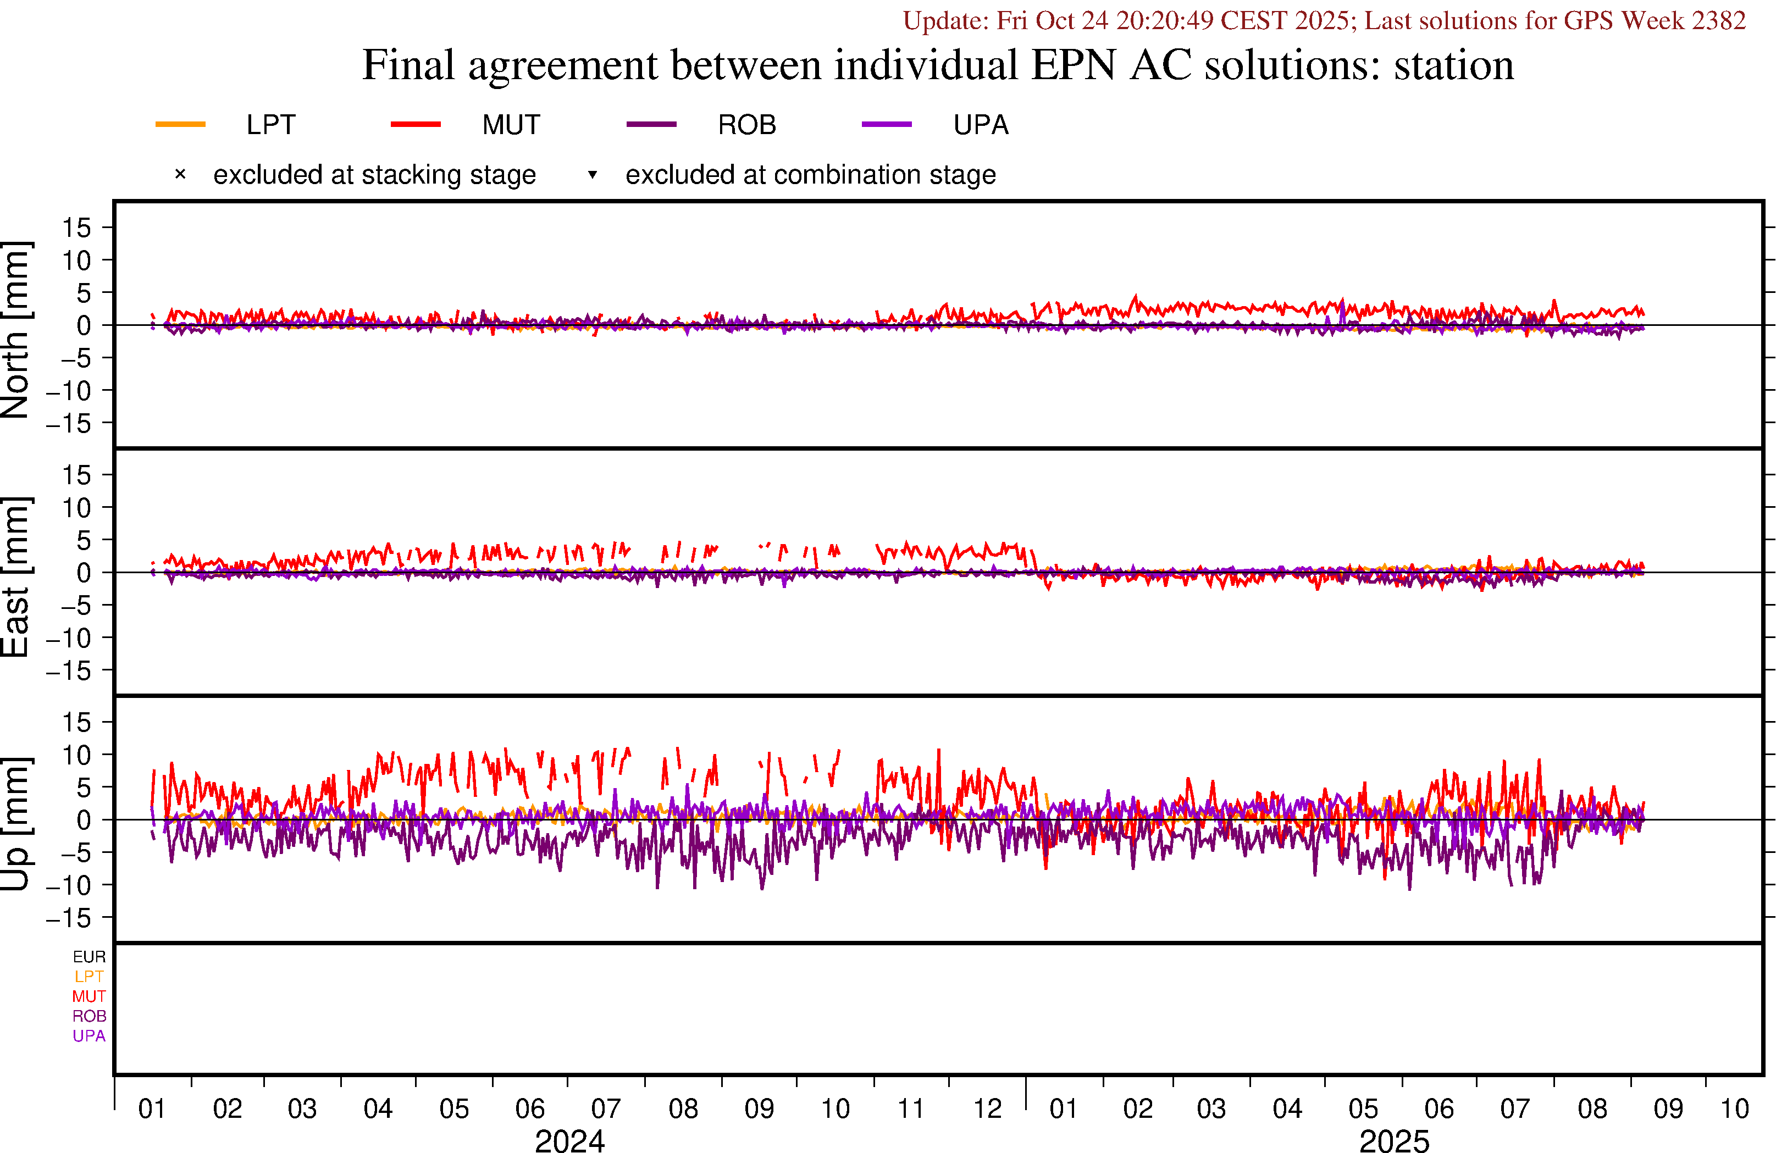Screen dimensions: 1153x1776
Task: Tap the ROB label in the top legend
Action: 746,125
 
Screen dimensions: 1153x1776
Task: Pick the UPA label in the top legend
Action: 981,125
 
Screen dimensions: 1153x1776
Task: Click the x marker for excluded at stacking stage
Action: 180,175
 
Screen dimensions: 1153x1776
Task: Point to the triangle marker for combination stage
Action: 593,175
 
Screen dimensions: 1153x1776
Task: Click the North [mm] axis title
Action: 15,329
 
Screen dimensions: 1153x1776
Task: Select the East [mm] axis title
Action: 15,577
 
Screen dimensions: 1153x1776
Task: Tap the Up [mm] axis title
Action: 15,823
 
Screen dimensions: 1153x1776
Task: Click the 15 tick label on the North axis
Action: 76,228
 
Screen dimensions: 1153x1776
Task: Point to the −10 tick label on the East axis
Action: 68,638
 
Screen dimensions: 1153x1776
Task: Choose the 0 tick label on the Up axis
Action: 84,820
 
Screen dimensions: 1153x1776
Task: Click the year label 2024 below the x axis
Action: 569,1140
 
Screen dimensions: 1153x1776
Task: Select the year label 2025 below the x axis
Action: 1394,1140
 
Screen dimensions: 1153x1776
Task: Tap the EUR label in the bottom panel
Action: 89,957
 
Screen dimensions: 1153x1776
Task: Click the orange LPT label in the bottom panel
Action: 89,976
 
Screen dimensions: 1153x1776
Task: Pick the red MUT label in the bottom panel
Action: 89,996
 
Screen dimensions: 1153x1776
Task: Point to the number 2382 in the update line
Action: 1718,20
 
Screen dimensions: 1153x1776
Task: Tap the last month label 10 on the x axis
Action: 1734,1109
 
